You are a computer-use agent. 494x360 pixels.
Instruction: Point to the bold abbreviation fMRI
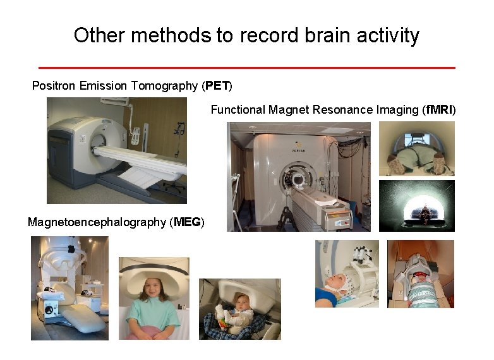(x=439, y=110)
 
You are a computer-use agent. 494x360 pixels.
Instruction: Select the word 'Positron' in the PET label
(x=54, y=85)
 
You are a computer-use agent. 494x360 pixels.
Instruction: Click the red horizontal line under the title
(x=246, y=67)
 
